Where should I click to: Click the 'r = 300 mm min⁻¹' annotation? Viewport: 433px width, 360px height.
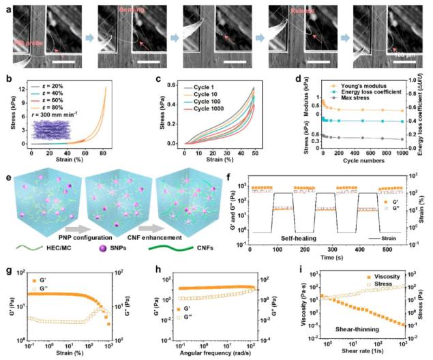coord(59,127)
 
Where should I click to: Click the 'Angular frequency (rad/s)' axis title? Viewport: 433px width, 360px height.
coord(218,354)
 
